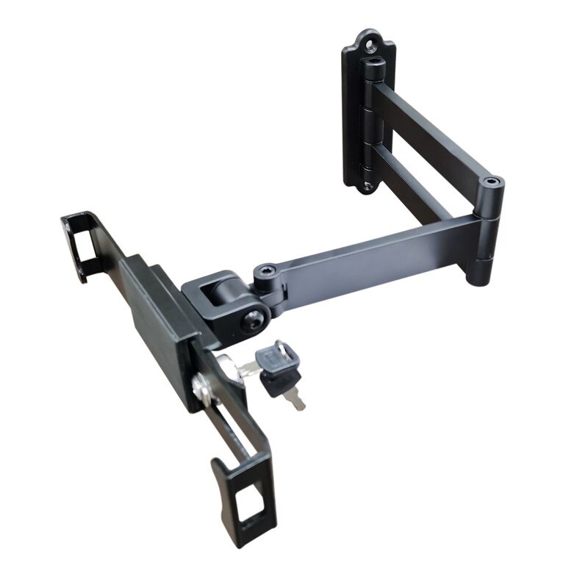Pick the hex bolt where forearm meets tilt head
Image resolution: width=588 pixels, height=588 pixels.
pos(262,276)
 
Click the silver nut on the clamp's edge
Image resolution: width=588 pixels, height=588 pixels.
pos(201,388)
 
